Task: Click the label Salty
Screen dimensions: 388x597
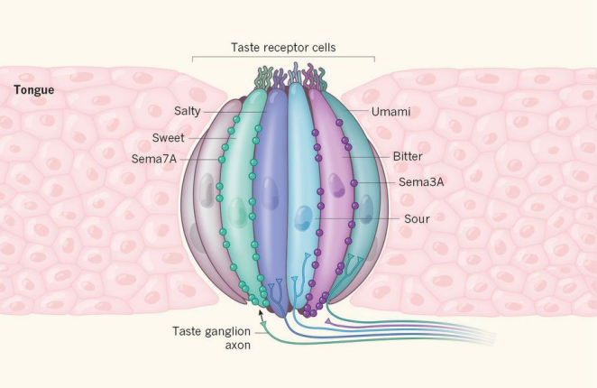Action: [188, 111]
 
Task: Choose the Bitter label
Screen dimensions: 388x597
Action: [407, 156]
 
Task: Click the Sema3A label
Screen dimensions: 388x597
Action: [418, 181]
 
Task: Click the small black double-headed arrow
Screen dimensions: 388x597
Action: [262, 313]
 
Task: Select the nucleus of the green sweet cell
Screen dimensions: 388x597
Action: [236, 213]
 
